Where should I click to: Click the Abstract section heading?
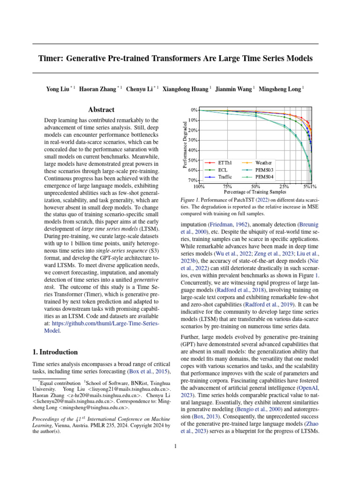[x=101, y=110]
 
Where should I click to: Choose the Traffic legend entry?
[x=225, y=177]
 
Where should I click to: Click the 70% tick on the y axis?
[x=193, y=180]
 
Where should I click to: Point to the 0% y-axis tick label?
[x=194, y=110]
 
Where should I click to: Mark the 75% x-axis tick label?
[x=228, y=186]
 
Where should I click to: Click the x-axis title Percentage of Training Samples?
[x=255, y=191]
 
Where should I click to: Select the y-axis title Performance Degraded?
[x=184, y=144]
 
